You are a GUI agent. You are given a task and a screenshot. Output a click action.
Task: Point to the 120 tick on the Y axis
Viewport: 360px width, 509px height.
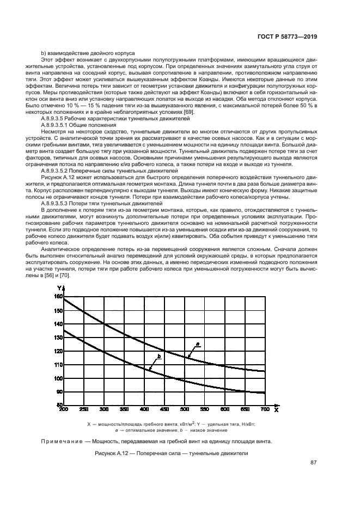(x=58, y=351)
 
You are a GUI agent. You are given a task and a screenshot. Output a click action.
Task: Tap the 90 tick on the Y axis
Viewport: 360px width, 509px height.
(x=58, y=392)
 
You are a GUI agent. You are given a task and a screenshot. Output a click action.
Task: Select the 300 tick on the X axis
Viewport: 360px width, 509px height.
(x=104, y=409)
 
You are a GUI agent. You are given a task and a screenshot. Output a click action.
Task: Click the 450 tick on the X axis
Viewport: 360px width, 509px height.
(x=164, y=409)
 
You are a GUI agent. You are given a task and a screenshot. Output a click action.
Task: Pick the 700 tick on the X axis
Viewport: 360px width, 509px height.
(x=265, y=409)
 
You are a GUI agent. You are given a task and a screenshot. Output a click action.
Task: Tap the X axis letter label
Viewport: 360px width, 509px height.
(x=276, y=410)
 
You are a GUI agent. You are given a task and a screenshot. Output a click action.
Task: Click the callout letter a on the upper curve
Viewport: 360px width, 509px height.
(x=197, y=343)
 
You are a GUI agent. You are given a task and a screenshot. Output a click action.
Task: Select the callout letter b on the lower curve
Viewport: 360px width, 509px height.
(x=158, y=355)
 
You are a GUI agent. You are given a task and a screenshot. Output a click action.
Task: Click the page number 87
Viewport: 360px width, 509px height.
(x=314, y=463)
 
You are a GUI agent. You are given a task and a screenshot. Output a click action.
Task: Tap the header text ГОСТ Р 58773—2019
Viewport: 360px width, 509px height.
(x=288, y=36)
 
